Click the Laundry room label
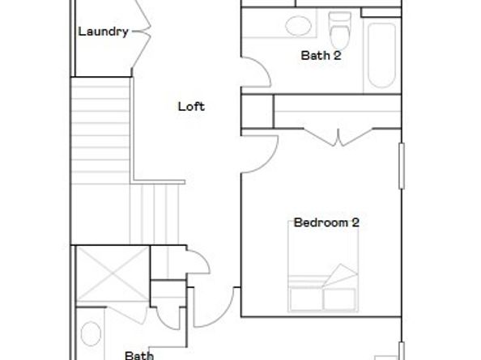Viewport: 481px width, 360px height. click(103, 32)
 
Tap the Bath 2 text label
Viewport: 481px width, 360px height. click(320, 56)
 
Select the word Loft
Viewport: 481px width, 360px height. click(191, 106)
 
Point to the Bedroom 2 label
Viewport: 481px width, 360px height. click(326, 222)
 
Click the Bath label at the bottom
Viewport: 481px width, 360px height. click(138, 354)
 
